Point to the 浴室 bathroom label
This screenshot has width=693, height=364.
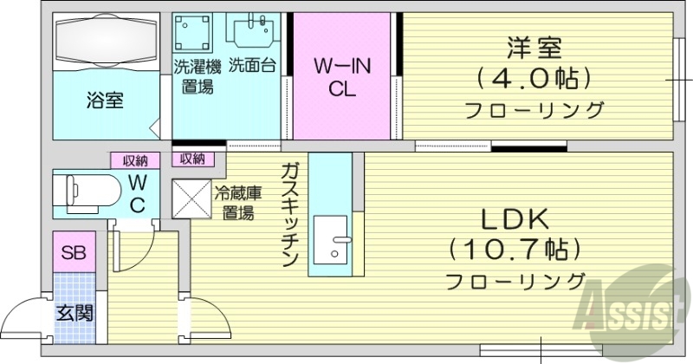click(104, 100)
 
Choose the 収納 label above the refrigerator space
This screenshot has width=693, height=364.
click(192, 159)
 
